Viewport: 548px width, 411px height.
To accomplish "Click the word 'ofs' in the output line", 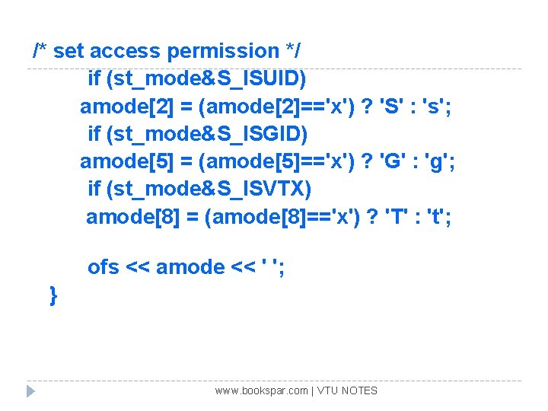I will (x=104, y=267).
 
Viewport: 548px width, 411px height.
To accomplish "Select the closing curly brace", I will (x=53, y=295).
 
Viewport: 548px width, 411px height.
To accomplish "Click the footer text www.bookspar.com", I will (x=261, y=390).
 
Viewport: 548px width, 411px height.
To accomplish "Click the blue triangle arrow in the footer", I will (x=30, y=391).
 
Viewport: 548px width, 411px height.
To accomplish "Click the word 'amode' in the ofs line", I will (x=190, y=267).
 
